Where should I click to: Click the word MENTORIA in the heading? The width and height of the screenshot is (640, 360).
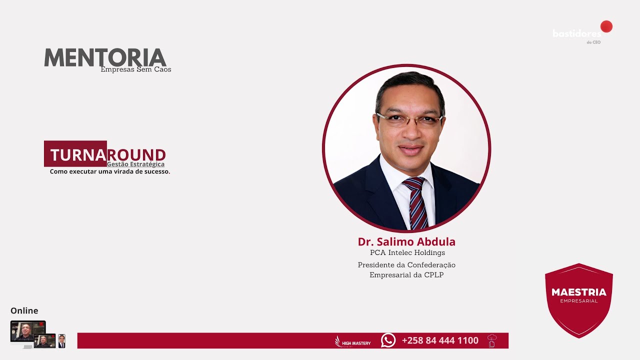105,57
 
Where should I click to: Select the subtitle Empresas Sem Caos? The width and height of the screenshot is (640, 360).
135,69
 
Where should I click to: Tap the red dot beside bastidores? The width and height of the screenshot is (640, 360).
606,26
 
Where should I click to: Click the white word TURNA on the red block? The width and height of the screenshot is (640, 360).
78,155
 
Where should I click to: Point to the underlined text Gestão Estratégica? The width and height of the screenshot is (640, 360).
135,164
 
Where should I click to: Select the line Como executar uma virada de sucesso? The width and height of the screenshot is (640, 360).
110,171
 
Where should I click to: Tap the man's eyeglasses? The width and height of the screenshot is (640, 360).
409,119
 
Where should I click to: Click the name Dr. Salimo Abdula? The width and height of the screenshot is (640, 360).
406,242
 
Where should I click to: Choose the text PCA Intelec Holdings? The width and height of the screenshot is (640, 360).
407,253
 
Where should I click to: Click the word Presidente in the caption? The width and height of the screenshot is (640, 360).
375,265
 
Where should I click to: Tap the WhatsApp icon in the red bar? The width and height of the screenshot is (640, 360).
388,340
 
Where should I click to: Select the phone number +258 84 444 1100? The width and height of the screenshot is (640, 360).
440,340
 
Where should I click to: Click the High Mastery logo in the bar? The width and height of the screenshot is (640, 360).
353,341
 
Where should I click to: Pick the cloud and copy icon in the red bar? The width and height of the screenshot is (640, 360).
492,340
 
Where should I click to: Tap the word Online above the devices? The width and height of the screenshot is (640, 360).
24,310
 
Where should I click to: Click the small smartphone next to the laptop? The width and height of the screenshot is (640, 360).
61,341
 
